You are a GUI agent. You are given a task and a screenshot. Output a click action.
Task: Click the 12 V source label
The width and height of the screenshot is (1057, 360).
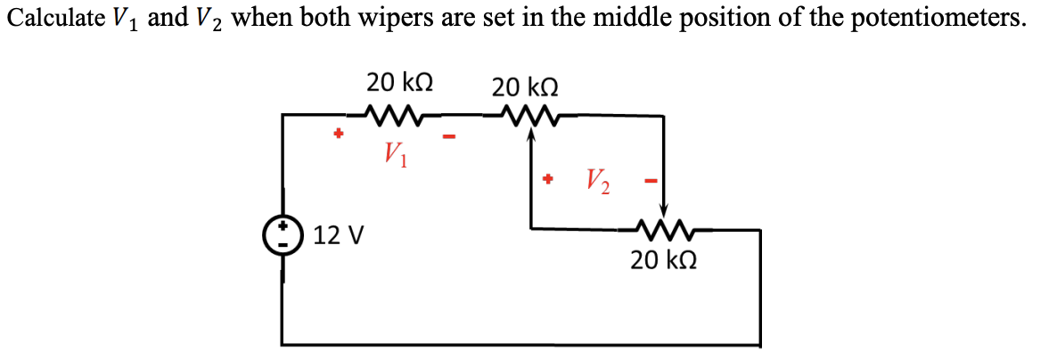(x=340, y=236)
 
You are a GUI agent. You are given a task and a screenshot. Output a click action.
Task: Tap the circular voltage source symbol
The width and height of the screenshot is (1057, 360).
(x=283, y=235)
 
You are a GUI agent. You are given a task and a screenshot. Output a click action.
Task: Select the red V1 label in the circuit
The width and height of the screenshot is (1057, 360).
(x=394, y=154)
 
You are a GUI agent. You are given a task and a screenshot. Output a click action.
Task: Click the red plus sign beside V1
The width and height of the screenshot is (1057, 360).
(x=337, y=135)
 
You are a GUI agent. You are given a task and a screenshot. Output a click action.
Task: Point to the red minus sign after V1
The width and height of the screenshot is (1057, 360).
(x=450, y=137)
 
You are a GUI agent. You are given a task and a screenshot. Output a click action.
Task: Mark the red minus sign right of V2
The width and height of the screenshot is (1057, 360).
(x=651, y=182)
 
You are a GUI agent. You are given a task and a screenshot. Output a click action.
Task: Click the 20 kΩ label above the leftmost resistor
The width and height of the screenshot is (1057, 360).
(x=400, y=82)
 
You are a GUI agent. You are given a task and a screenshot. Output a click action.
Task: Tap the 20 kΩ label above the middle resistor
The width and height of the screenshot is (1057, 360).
(x=526, y=87)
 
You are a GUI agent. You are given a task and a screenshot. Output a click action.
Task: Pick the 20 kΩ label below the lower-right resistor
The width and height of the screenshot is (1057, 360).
(x=663, y=260)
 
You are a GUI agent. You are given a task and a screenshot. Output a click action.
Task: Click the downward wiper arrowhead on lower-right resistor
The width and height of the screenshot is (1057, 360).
(x=664, y=211)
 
